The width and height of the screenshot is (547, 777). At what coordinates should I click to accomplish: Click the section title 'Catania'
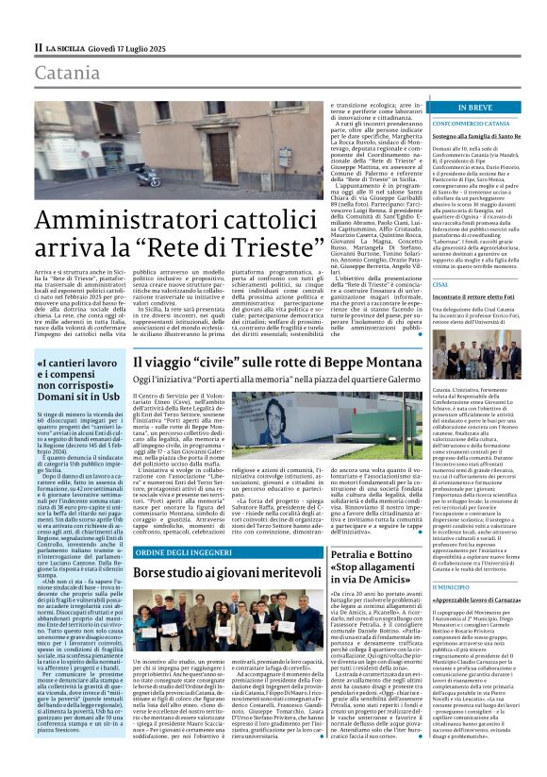coord(66,72)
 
